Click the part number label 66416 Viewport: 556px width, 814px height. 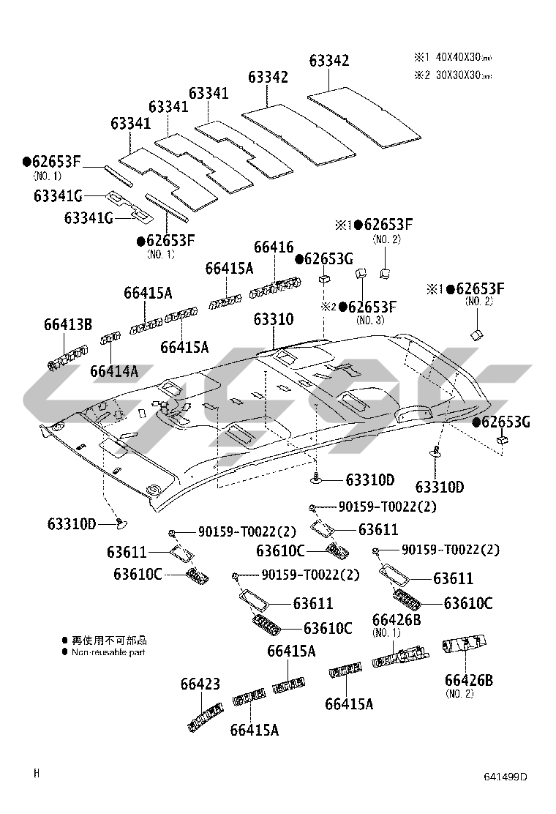click(274, 247)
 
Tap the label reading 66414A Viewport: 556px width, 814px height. click(114, 371)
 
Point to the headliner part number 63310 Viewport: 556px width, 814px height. click(274, 319)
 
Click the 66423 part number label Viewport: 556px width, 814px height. click(200, 684)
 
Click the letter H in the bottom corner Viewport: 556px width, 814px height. click(37, 772)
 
